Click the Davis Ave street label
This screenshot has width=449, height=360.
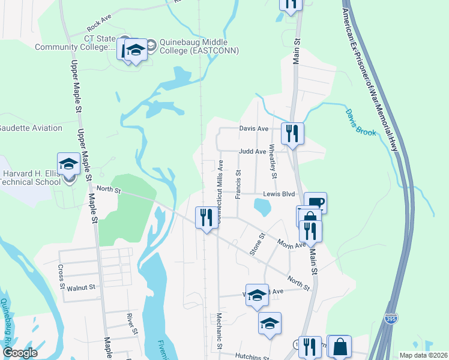(x=253, y=128)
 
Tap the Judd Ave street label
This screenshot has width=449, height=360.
(x=252, y=152)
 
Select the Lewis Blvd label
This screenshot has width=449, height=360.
(x=280, y=194)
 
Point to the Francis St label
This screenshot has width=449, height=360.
(x=238, y=180)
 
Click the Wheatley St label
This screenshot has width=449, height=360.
(x=273, y=161)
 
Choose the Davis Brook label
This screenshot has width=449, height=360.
(x=360, y=122)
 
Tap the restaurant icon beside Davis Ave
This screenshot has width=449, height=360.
(x=292, y=133)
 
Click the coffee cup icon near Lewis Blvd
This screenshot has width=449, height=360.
(x=315, y=202)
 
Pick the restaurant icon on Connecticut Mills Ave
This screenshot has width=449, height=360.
(x=206, y=217)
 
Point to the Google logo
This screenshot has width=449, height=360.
(x=20, y=353)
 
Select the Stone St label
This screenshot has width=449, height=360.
(x=256, y=244)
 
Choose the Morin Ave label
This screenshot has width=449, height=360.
(x=292, y=244)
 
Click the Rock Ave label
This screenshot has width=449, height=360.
(x=99, y=26)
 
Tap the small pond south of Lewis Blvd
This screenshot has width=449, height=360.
(x=262, y=208)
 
